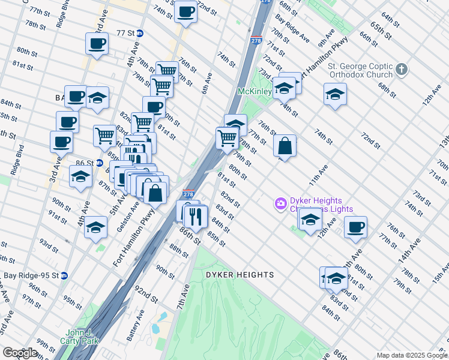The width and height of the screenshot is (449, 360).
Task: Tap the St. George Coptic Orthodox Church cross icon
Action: click(402, 70)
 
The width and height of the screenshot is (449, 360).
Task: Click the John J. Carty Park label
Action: click(82, 337)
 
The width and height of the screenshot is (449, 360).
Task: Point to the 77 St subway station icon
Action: click(140, 33)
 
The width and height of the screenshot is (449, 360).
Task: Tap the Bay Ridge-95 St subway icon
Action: click(64, 275)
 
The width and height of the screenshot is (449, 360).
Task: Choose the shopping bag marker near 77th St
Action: click(285, 146)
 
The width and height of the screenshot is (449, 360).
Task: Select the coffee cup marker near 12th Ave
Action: click(355, 227)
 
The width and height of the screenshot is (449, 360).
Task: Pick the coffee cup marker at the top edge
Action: click(185, 11)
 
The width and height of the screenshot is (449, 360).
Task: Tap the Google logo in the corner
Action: click(20, 353)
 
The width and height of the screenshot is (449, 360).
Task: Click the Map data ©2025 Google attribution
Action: click(412, 355)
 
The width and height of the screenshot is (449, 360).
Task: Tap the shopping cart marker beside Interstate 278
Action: click(228, 137)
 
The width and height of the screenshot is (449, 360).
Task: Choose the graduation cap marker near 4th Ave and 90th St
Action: click(95, 228)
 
